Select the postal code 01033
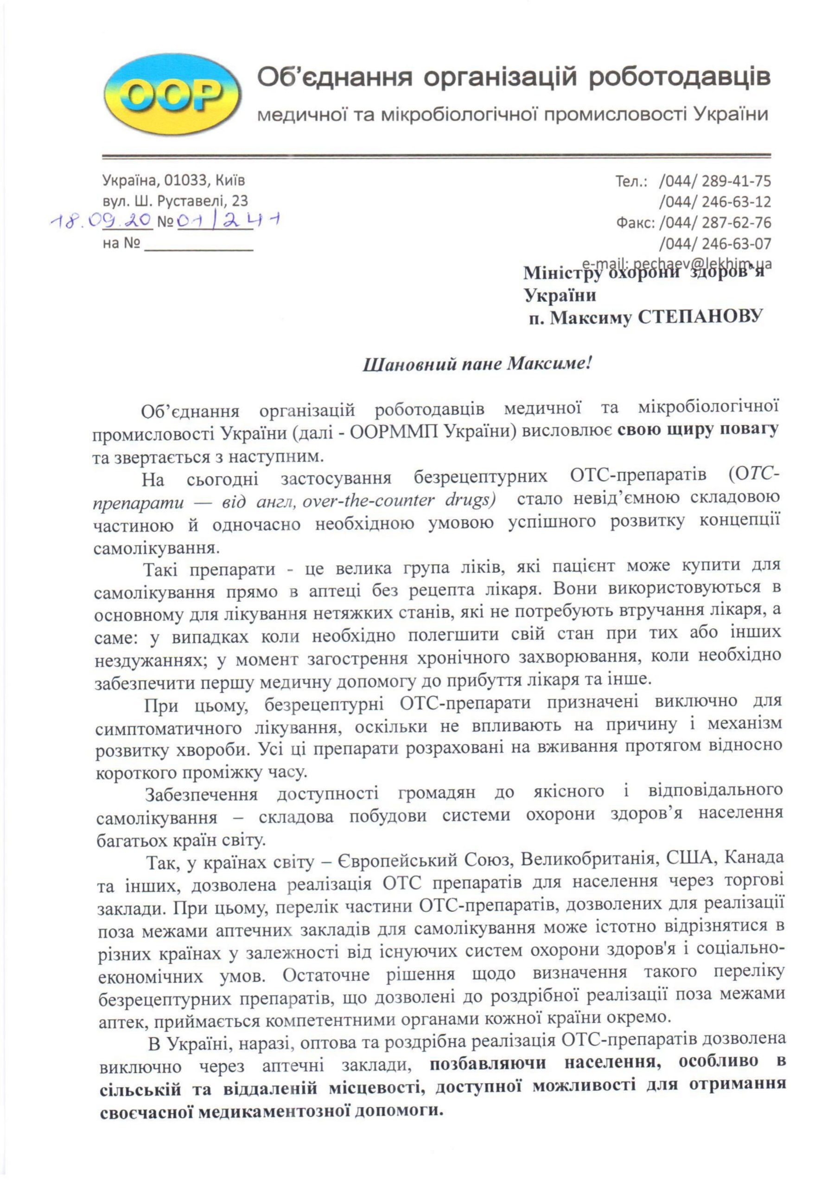pyautogui.click(x=184, y=180)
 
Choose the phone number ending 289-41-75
pyautogui.click(x=715, y=181)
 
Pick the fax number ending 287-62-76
pyautogui.click(x=715, y=223)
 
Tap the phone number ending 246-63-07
pyautogui.click(x=715, y=243)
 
